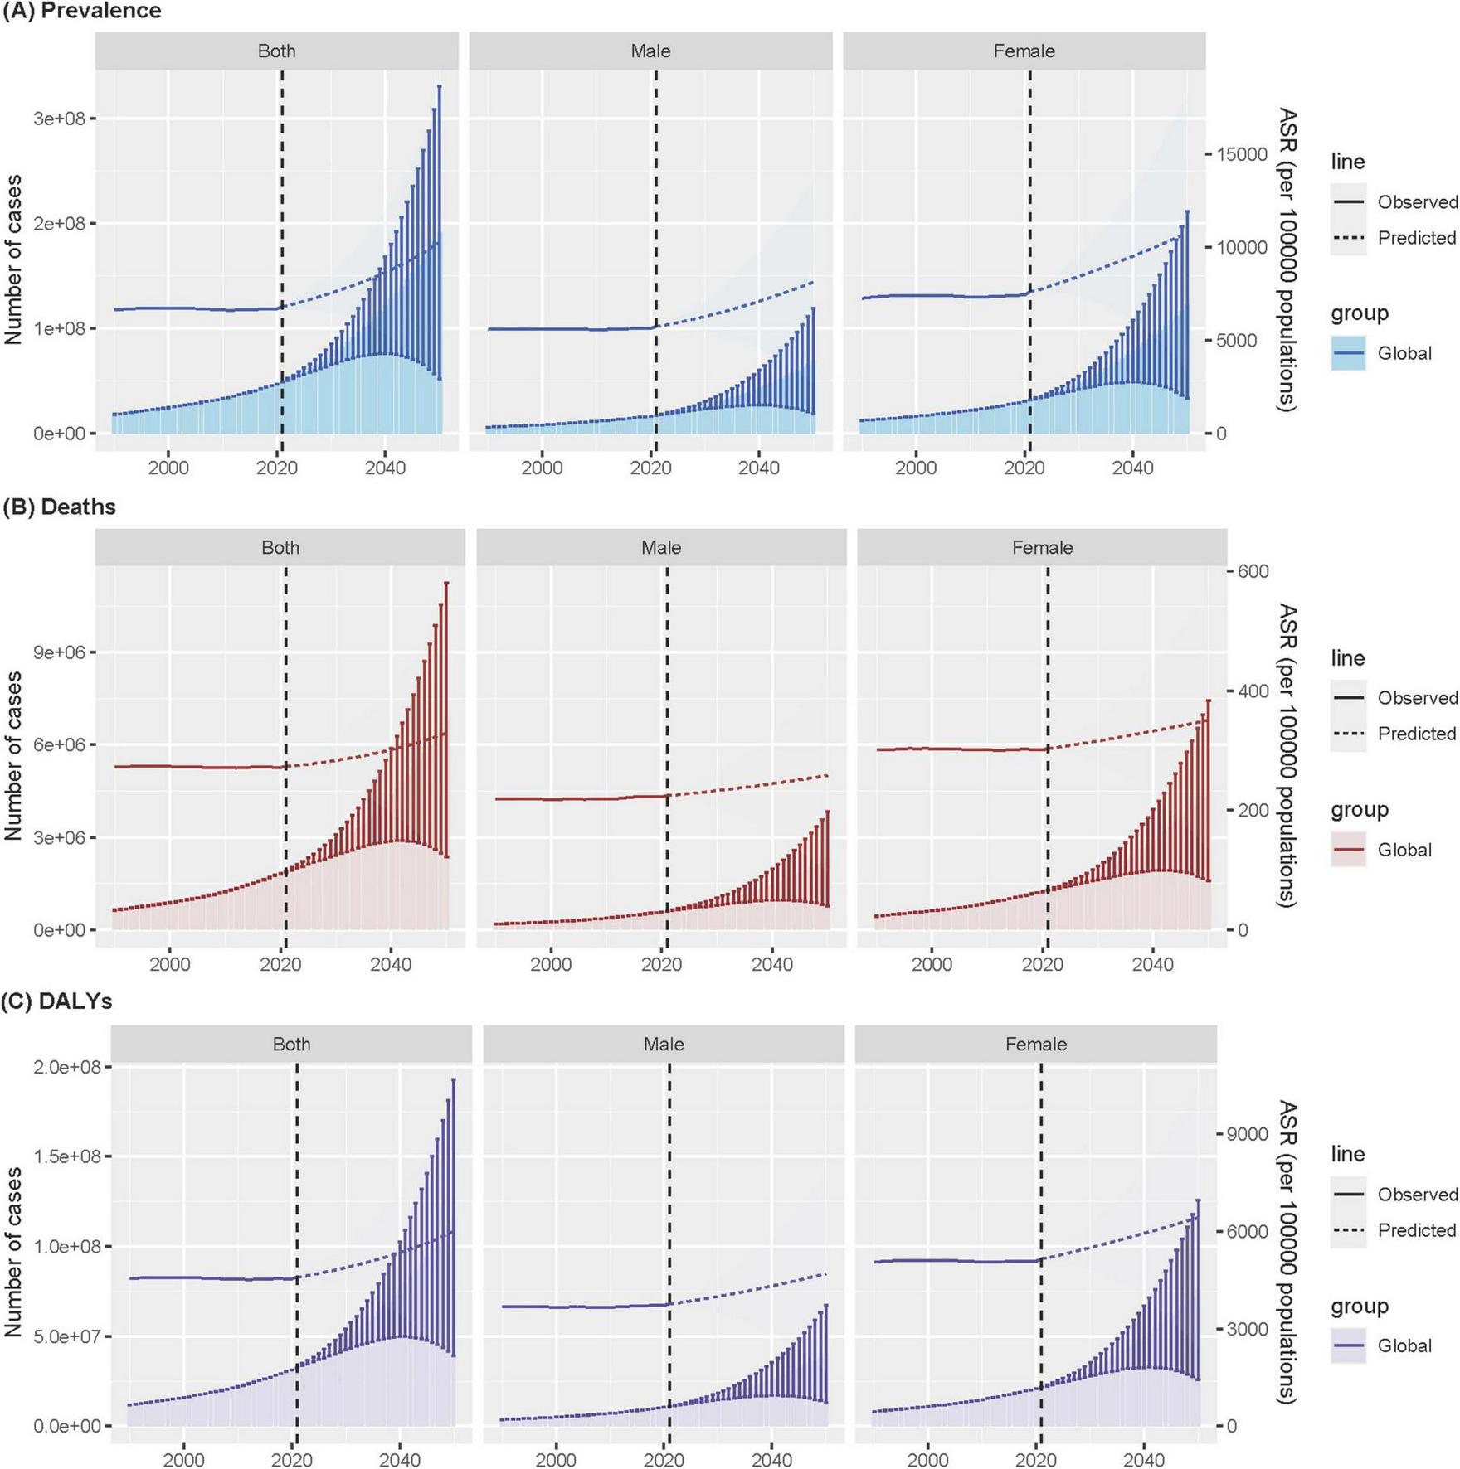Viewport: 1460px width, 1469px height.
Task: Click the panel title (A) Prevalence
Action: tap(81, 11)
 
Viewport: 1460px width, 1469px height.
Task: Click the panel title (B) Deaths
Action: tap(59, 507)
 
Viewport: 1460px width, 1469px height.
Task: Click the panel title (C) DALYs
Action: tap(57, 1001)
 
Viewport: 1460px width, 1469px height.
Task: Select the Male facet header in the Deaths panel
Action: tap(661, 547)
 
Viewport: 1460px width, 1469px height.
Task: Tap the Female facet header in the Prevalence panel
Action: tap(1024, 51)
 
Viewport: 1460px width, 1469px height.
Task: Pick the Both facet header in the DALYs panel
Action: tap(291, 1044)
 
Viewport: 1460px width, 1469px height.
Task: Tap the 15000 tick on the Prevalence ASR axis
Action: tap(1242, 155)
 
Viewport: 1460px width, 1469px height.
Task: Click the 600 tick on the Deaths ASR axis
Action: tap(1253, 571)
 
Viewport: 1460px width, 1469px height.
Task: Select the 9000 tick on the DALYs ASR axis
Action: tap(1248, 1134)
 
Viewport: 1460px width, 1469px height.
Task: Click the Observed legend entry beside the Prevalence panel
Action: tap(1417, 202)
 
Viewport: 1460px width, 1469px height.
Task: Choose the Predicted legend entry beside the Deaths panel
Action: tap(1416, 734)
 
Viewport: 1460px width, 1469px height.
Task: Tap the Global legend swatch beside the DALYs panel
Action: tap(1348, 1345)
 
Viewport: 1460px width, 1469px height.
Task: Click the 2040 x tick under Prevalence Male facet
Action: tap(758, 468)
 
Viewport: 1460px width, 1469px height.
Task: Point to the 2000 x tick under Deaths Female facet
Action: tap(932, 964)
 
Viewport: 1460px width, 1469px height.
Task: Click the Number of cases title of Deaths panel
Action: tap(13, 755)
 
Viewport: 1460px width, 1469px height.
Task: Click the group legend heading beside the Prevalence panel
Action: tap(1359, 313)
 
